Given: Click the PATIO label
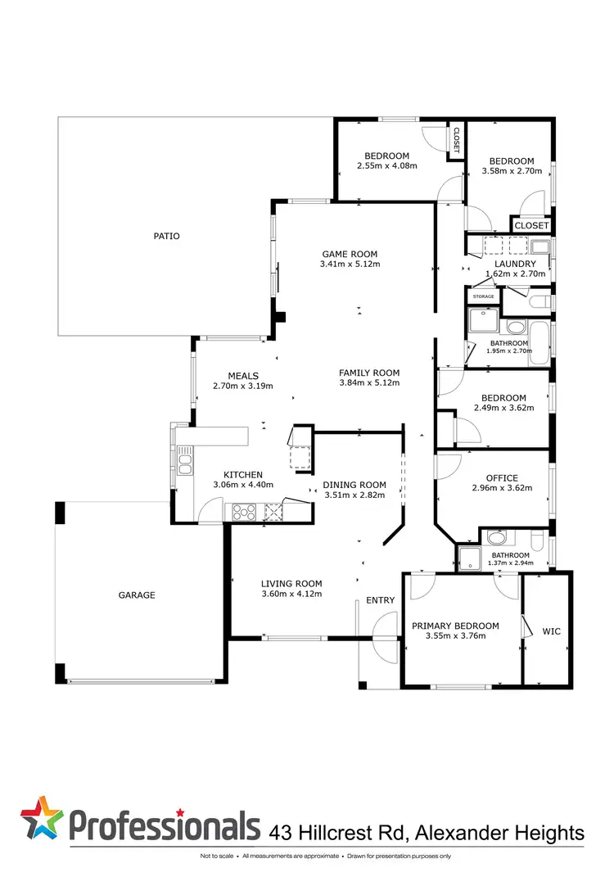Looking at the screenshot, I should [x=166, y=236].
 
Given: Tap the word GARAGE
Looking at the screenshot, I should [x=137, y=595].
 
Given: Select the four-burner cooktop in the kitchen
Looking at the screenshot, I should [x=245, y=513].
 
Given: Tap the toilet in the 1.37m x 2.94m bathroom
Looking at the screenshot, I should [x=537, y=541].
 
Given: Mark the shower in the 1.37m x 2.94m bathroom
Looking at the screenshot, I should [x=469, y=558].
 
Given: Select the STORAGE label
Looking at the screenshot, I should [x=483, y=296].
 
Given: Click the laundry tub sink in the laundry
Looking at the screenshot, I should [x=540, y=246].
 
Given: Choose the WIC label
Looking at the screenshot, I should [x=551, y=631].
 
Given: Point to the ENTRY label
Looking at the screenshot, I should [x=381, y=600].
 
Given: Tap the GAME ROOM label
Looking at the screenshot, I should [x=350, y=254].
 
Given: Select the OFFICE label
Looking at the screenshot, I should [x=502, y=478].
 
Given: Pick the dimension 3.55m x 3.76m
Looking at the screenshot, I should [x=456, y=635].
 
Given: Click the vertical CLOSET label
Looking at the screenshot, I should [x=457, y=140].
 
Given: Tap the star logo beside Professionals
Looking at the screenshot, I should [x=42, y=817].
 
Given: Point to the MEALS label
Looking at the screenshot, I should [x=243, y=376].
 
